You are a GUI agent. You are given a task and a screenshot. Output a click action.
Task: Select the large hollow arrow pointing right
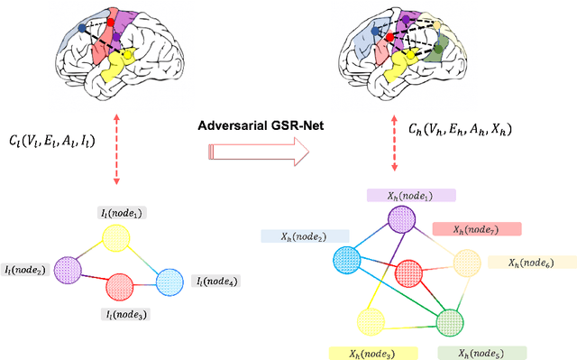point(256,154)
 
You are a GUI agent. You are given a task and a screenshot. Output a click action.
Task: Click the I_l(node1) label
point(124,213)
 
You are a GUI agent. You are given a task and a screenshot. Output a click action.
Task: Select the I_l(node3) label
point(125,314)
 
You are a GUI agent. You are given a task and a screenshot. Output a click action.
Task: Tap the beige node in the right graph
point(466,263)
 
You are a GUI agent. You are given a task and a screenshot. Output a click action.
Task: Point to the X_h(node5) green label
point(481,353)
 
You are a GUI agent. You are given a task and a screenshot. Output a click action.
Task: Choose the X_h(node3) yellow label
point(371,353)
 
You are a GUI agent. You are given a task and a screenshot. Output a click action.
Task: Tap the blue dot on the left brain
point(83,28)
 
